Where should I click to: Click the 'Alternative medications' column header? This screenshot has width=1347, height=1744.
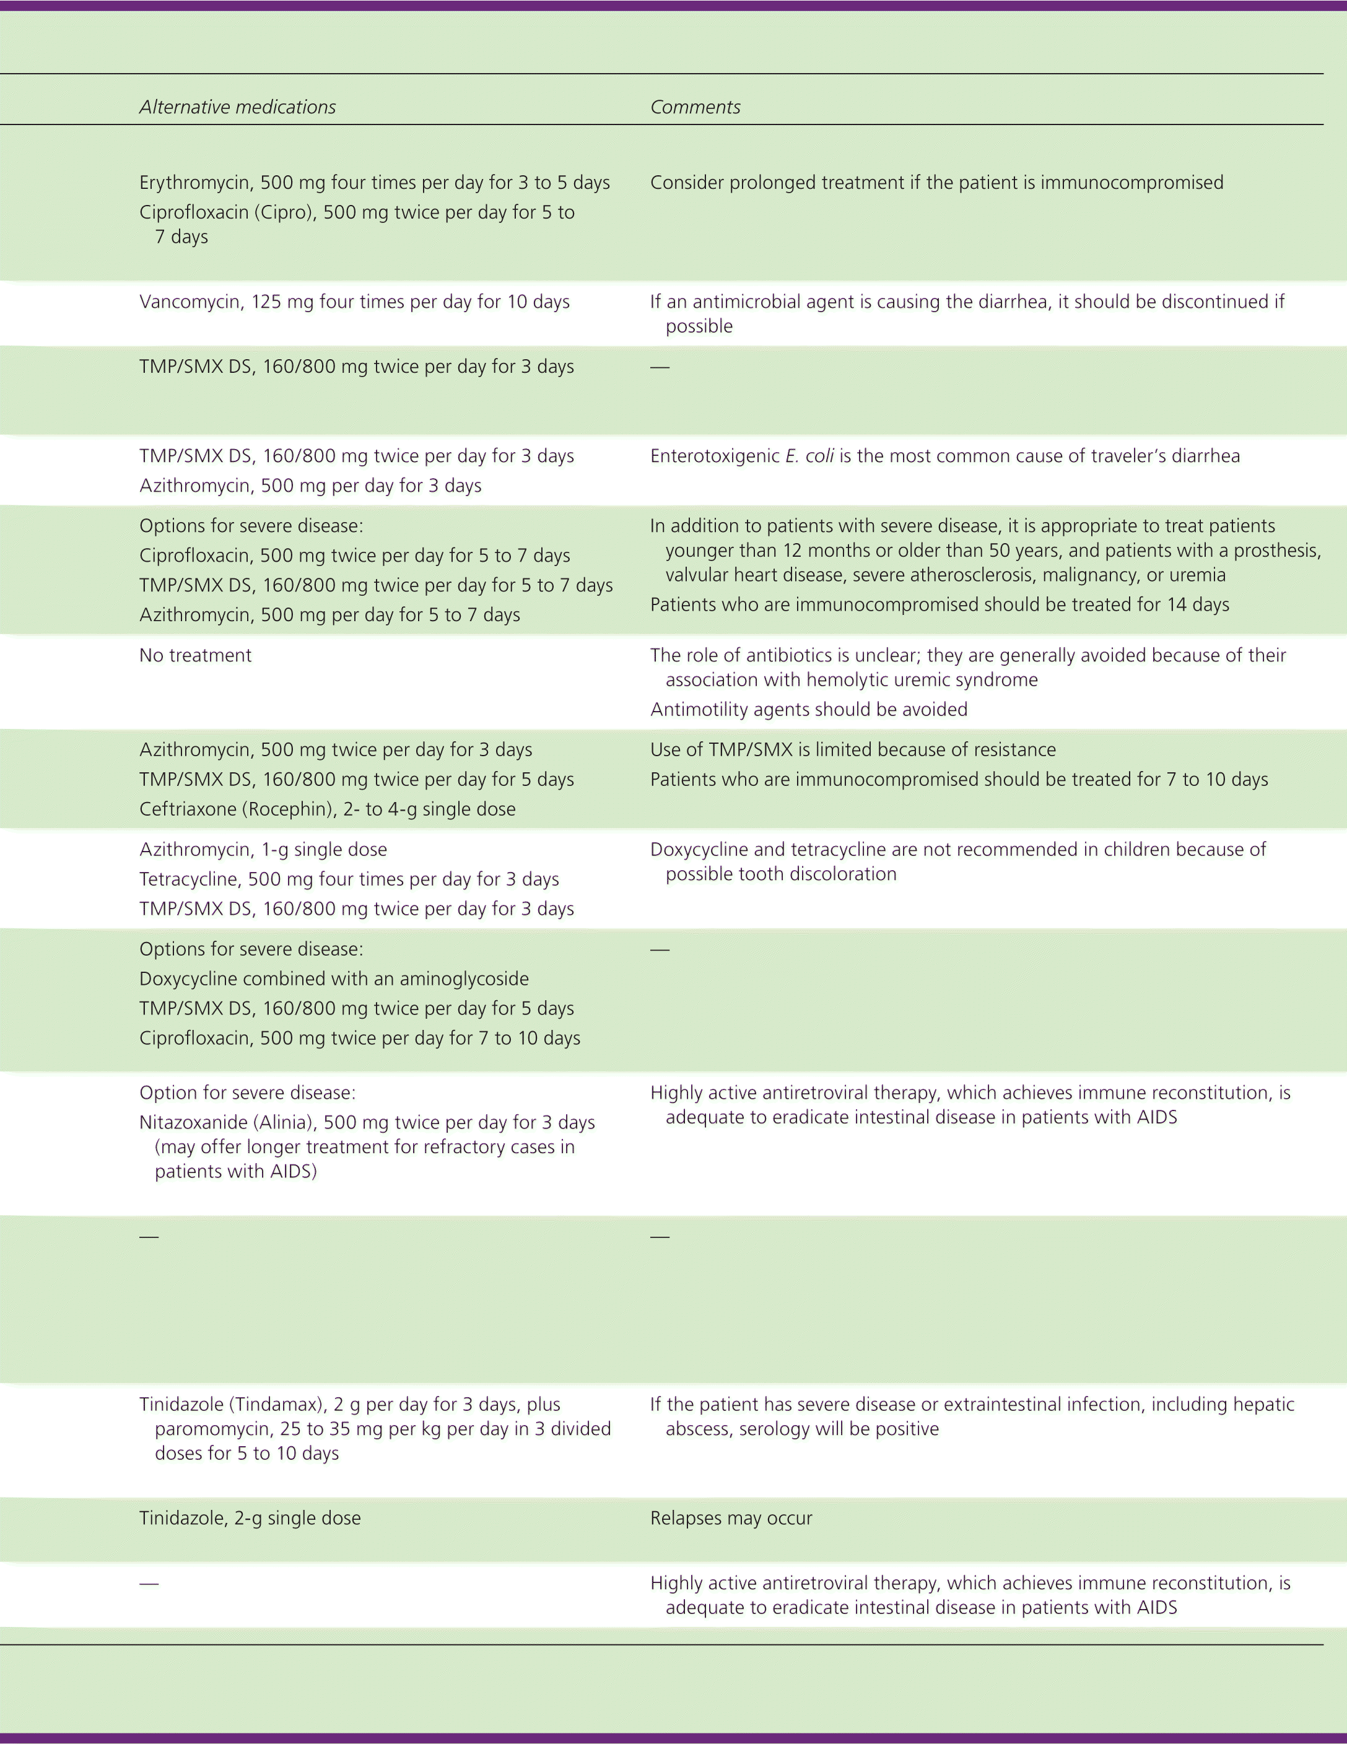[237, 107]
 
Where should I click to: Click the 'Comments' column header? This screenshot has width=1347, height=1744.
[695, 107]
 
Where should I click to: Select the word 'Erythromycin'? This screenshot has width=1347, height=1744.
[194, 183]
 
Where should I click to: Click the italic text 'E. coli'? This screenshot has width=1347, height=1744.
[809, 456]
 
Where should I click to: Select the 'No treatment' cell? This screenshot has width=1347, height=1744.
[195, 656]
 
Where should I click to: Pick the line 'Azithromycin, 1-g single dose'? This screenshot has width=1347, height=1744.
[263, 850]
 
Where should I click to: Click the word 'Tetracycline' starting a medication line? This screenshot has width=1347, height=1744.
[188, 879]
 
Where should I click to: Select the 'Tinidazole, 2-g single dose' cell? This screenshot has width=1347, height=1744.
[250, 1518]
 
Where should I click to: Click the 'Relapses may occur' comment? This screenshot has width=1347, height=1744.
[731, 1518]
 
